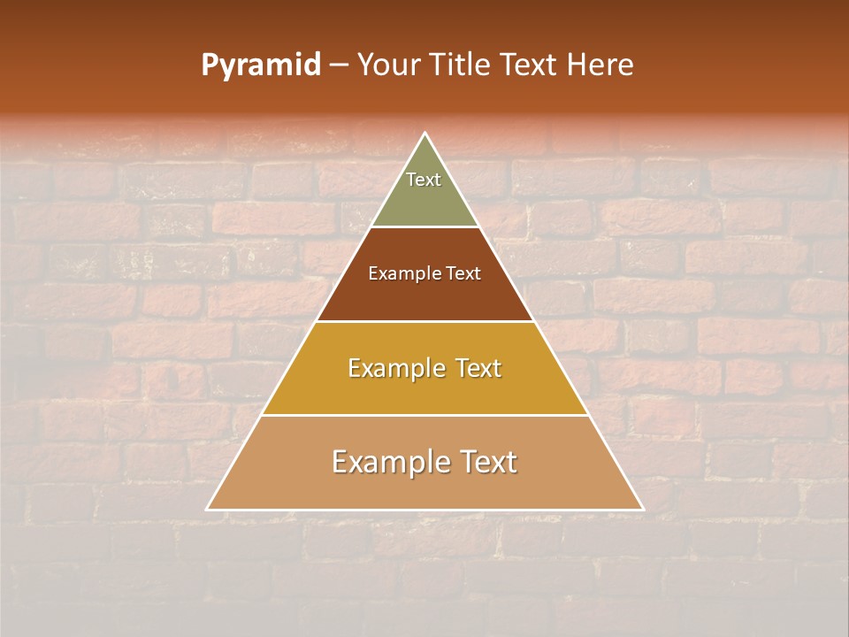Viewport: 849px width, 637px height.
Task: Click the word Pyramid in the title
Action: pyautogui.click(x=261, y=65)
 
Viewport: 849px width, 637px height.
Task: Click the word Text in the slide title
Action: pyautogui.click(x=531, y=65)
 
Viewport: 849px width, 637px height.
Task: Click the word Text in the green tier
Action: pyautogui.click(x=424, y=180)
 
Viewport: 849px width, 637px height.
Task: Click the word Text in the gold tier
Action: pyautogui.click(x=477, y=368)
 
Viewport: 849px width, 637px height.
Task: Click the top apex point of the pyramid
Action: pyautogui.click(x=425, y=134)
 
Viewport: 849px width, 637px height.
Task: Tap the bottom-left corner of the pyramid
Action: pyautogui.click(x=208, y=509)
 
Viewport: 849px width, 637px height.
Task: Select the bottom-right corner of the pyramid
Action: pyautogui.click(x=642, y=509)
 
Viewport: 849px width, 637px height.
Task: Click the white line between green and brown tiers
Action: pyautogui.click(x=425, y=226)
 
